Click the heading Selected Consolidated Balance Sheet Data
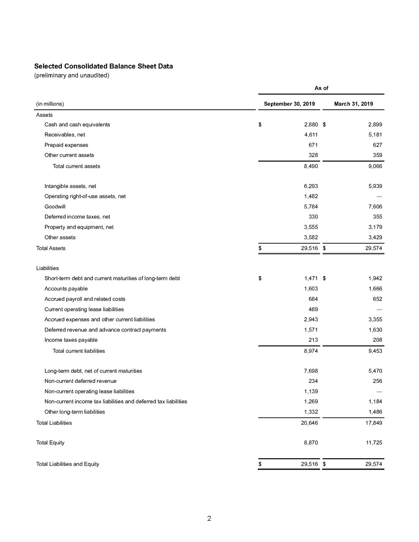pyautogui.click(x=103, y=66)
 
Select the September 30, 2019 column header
pyautogui.click(x=289, y=104)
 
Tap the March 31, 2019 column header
pyautogui.click(x=353, y=104)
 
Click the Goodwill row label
pyautogui.click(x=55, y=207)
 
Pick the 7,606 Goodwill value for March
pyautogui.click(x=375, y=207)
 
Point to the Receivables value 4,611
pyautogui.click(x=311, y=135)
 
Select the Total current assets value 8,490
pyautogui.click(x=311, y=166)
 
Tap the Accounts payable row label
pyautogui.click(x=66, y=289)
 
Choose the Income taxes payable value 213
pyautogui.click(x=313, y=340)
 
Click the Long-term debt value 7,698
pyautogui.click(x=311, y=371)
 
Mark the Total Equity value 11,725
pyautogui.click(x=374, y=443)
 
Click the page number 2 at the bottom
pyautogui.click(x=209, y=518)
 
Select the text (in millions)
pyautogui.click(x=50, y=104)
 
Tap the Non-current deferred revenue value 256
pyautogui.click(x=378, y=381)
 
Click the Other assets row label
pyautogui.click(x=60, y=238)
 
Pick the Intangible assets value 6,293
pyautogui.click(x=311, y=186)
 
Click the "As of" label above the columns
pyautogui.click(x=321, y=88)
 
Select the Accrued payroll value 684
pyautogui.click(x=313, y=299)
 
